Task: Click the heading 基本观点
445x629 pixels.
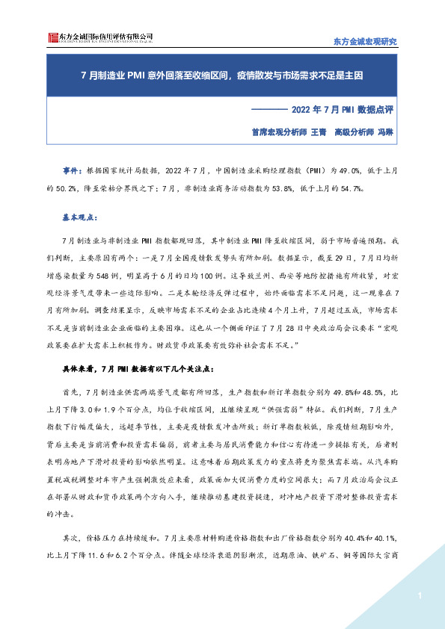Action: (x=79, y=218)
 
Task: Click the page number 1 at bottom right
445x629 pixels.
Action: (x=421, y=595)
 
